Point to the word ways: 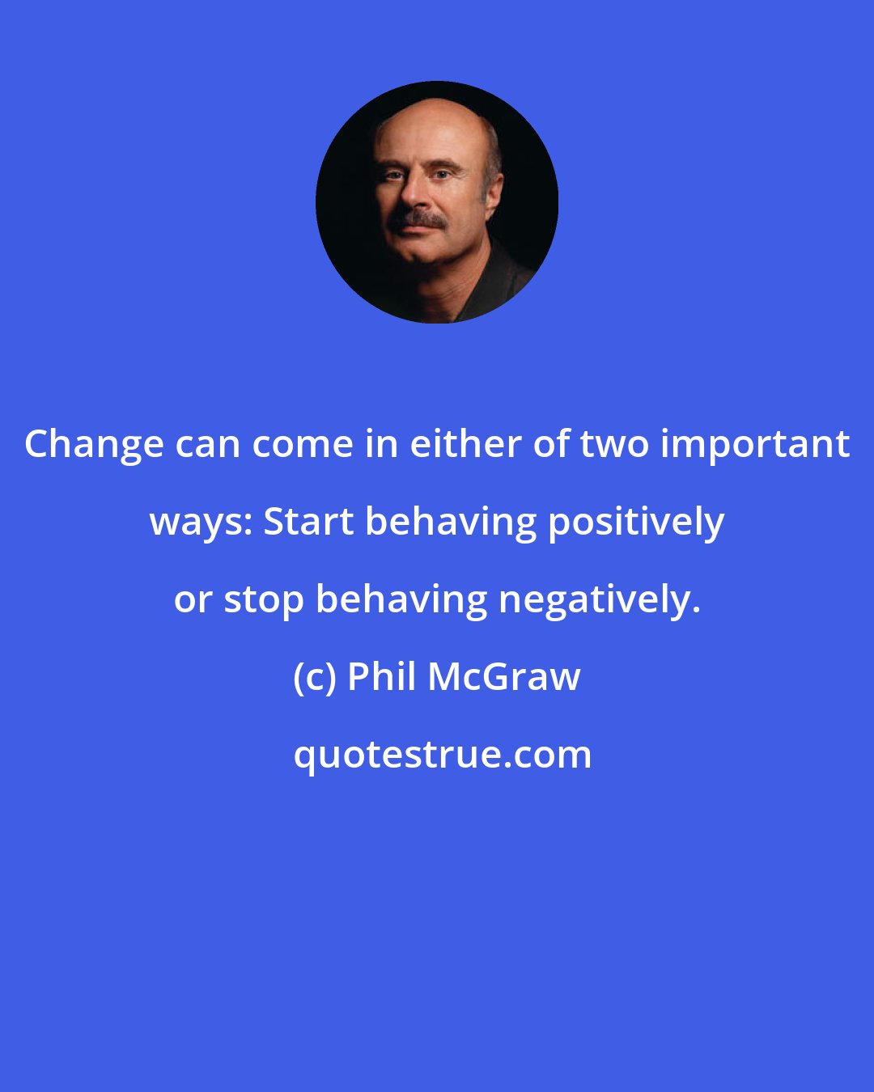coord(201,523)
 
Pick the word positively coord(636,523)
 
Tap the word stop coord(263,600)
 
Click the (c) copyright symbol coord(314,677)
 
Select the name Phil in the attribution coord(381,676)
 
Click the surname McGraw coord(503,677)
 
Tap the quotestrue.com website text coord(442,755)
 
